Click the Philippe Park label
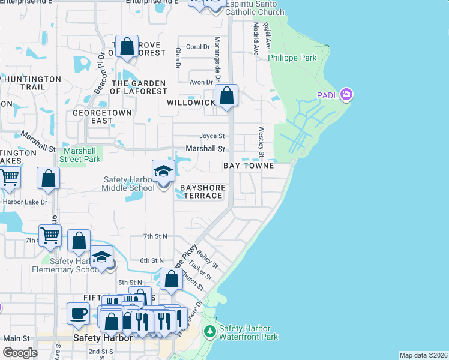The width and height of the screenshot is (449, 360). pyautogui.click(x=292, y=58)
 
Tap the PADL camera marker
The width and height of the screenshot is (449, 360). pyautogui.click(x=346, y=95)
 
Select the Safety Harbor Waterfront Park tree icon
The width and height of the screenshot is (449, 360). pyautogui.click(x=209, y=331)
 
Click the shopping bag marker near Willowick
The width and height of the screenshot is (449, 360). pyautogui.click(x=227, y=96)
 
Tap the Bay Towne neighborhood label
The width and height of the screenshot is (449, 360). pyautogui.click(x=249, y=165)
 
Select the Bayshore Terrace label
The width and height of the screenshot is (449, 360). pyautogui.click(x=203, y=192)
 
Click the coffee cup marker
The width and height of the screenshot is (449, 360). pyautogui.click(x=78, y=313)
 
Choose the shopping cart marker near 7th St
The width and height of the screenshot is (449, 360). pyautogui.click(x=50, y=236)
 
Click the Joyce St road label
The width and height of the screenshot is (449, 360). pyautogui.click(x=212, y=136)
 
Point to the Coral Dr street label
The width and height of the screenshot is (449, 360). pyautogui.click(x=197, y=46)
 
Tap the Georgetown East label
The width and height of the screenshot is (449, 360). pyautogui.click(x=93, y=116)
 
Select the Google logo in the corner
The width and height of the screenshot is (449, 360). pyautogui.click(x=20, y=353)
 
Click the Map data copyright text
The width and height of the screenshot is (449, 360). pyautogui.click(x=423, y=355)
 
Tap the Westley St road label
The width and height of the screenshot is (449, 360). pyautogui.click(x=261, y=137)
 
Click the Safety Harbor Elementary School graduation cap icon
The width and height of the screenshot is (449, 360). pyautogui.click(x=103, y=259)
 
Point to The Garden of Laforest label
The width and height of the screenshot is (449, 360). pyautogui.click(x=139, y=88)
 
